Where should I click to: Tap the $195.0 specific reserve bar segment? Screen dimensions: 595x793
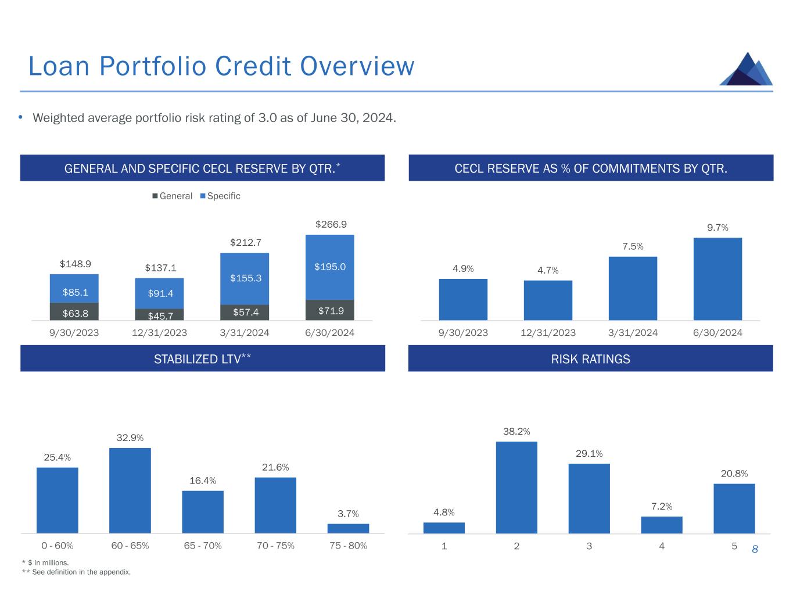pos(329,267)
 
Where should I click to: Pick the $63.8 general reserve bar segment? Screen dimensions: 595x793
pos(74,312)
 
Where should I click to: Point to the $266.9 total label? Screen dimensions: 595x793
pos(330,224)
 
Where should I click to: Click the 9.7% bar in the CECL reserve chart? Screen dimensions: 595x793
pos(717,279)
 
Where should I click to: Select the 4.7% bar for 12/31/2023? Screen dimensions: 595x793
pos(548,300)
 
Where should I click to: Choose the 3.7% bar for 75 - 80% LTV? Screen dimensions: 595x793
pos(348,528)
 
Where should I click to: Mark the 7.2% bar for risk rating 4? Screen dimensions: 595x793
pos(662,525)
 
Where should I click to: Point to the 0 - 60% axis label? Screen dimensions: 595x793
pos(58,546)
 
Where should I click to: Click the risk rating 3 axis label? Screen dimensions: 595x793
pos(589,546)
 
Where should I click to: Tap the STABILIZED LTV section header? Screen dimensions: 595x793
pos(202,359)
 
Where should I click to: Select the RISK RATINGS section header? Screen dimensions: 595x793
pos(590,359)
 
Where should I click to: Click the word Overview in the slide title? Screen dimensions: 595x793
pos(357,66)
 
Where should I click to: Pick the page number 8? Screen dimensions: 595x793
pos(755,549)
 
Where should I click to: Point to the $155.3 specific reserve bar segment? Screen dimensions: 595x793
pos(245,278)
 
